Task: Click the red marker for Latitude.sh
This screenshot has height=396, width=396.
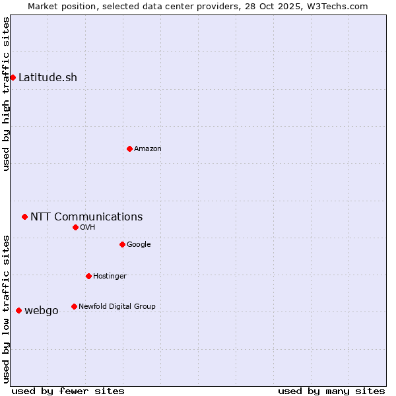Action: coord(13,77)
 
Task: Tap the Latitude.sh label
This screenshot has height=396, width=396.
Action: coord(48,77)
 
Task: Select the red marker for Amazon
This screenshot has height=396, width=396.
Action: coord(129,148)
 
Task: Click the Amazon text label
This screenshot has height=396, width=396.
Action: coord(147,148)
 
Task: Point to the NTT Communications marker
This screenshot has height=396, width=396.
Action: coord(24,216)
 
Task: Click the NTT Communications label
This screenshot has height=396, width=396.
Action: coord(86,216)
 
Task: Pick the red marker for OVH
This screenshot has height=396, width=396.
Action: coord(75,227)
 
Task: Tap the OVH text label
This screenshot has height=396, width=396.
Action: coord(88,227)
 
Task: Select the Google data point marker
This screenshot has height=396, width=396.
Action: coord(122,244)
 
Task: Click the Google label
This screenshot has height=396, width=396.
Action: coord(139,244)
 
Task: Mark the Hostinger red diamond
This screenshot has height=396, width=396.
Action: coord(88,276)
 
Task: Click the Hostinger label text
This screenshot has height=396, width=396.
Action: coord(110,276)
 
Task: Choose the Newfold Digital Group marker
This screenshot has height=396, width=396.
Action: coord(74,306)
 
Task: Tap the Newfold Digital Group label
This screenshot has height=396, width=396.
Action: coord(117,306)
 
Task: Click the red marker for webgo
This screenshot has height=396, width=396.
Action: coord(18,310)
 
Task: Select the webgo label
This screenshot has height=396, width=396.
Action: coord(42,310)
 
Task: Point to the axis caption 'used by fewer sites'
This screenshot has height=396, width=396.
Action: coord(68,391)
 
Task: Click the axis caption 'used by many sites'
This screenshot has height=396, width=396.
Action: coord(331,391)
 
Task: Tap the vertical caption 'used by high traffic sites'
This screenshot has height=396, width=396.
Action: coord(6,94)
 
